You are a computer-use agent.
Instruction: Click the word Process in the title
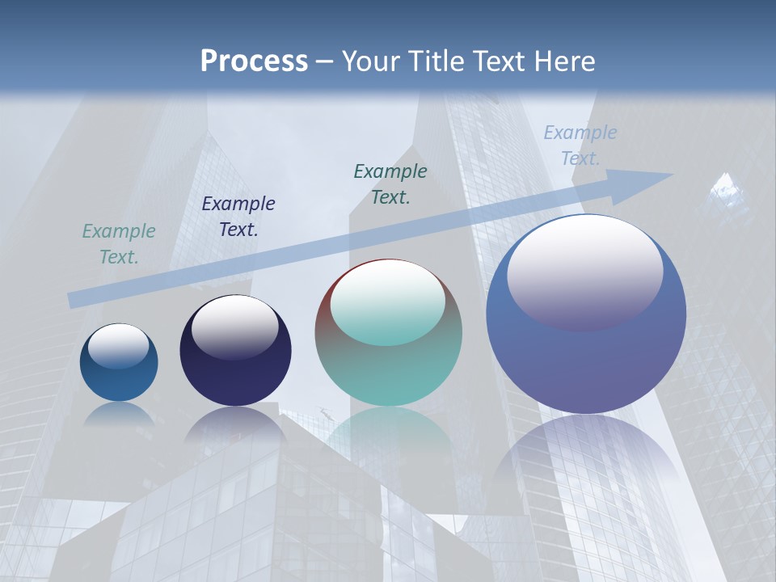pyautogui.click(x=254, y=61)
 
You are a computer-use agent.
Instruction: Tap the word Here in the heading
pyautogui.click(x=564, y=61)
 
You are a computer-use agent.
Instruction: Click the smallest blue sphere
pyautogui.click(x=119, y=363)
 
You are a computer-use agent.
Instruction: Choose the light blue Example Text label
pyautogui.click(x=580, y=145)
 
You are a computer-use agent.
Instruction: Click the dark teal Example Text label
pyautogui.click(x=390, y=184)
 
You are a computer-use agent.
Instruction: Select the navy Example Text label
pyautogui.click(x=238, y=217)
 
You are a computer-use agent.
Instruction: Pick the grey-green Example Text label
pyautogui.click(x=119, y=244)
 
